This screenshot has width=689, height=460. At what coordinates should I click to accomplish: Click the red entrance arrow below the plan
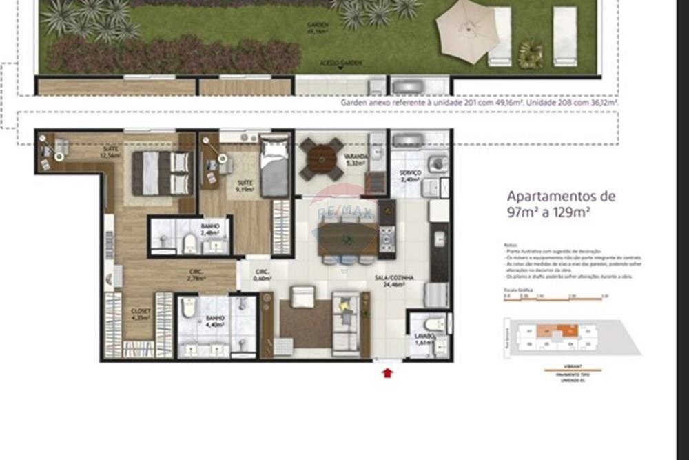[388, 373]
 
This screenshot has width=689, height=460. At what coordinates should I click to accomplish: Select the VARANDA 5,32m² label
[356, 160]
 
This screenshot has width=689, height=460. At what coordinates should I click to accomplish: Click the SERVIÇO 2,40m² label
[411, 176]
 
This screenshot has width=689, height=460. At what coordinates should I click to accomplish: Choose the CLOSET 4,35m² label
[141, 314]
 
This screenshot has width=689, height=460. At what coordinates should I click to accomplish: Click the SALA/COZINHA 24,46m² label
[394, 280]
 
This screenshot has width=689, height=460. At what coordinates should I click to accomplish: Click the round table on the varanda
[322, 155]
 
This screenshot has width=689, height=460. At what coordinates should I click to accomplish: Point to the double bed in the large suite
[161, 172]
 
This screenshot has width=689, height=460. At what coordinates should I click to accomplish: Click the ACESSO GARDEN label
[341, 63]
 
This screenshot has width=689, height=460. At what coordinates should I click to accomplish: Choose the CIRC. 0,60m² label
[262, 274]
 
